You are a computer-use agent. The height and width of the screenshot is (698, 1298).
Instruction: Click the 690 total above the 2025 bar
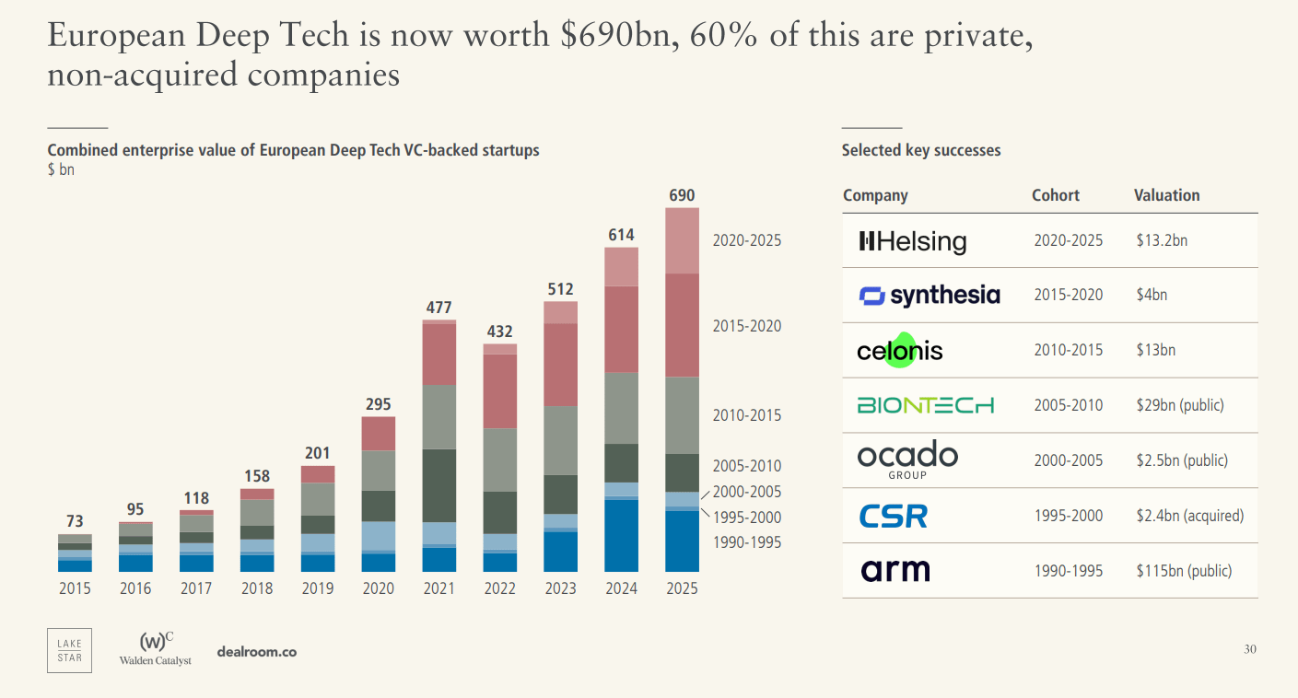(682, 195)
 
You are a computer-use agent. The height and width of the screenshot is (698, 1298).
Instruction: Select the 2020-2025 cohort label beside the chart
(746, 240)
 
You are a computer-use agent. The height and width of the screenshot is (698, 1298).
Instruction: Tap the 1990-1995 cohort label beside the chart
(746, 542)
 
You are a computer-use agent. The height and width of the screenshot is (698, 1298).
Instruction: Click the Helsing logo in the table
(912, 241)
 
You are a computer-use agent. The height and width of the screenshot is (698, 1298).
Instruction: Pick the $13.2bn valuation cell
(1162, 240)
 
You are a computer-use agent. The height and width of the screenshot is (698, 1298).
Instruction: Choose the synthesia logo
(929, 296)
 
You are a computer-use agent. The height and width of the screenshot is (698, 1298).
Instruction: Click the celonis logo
(899, 351)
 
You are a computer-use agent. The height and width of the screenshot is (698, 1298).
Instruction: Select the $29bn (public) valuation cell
(1179, 405)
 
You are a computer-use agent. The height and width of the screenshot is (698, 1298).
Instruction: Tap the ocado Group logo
(907, 460)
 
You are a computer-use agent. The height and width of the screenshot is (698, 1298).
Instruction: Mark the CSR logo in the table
(893, 516)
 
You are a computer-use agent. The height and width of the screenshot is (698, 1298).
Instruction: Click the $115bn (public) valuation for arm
(1183, 571)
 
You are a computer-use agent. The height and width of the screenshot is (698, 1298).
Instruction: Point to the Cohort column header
(1055, 195)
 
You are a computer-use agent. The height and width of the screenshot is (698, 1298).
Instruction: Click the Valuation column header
(1166, 195)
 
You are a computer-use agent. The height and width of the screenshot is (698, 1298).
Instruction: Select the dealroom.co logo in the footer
(256, 652)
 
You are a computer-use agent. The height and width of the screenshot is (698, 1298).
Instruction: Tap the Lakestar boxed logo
(69, 650)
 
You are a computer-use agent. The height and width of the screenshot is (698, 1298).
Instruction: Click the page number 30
(1249, 649)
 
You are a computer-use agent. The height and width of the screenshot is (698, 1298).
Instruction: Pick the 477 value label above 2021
(439, 308)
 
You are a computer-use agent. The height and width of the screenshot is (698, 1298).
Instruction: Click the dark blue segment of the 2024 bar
(621, 535)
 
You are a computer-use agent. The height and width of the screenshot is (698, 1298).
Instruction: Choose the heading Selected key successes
(920, 150)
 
